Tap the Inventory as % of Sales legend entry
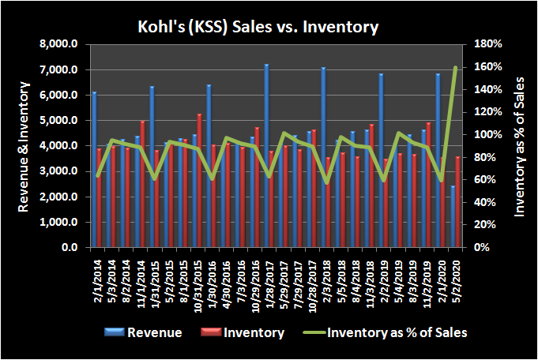pyautogui.click(x=397, y=332)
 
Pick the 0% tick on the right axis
pyautogui.click(x=479, y=247)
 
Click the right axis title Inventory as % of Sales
pyautogui.click(x=519, y=146)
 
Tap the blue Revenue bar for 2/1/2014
pyautogui.click(x=94, y=170)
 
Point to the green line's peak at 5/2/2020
pyautogui.click(x=455, y=68)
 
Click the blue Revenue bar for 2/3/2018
pyautogui.click(x=322, y=157)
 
